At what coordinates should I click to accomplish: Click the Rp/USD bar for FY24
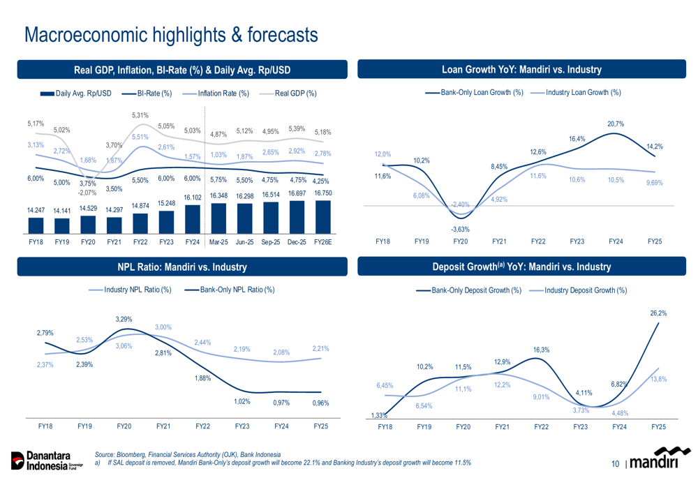point(192,219)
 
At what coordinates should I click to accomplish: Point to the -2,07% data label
point(87,193)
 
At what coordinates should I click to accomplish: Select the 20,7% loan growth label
point(616,124)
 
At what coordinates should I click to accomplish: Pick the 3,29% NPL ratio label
point(124,319)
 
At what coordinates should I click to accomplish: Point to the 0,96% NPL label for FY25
point(320,403)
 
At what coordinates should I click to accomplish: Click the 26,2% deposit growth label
point(658,313)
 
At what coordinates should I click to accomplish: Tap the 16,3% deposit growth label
point(541,350)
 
